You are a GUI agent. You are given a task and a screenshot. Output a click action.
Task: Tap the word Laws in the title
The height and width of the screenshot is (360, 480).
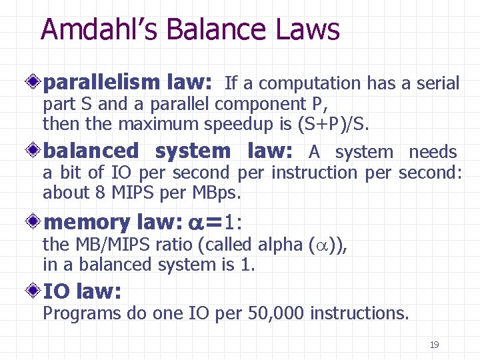pos(307,30)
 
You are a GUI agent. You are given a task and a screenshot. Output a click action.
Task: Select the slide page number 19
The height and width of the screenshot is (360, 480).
pos(434,345)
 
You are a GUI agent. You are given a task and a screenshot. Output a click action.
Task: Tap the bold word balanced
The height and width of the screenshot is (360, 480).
pos(91,152)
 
